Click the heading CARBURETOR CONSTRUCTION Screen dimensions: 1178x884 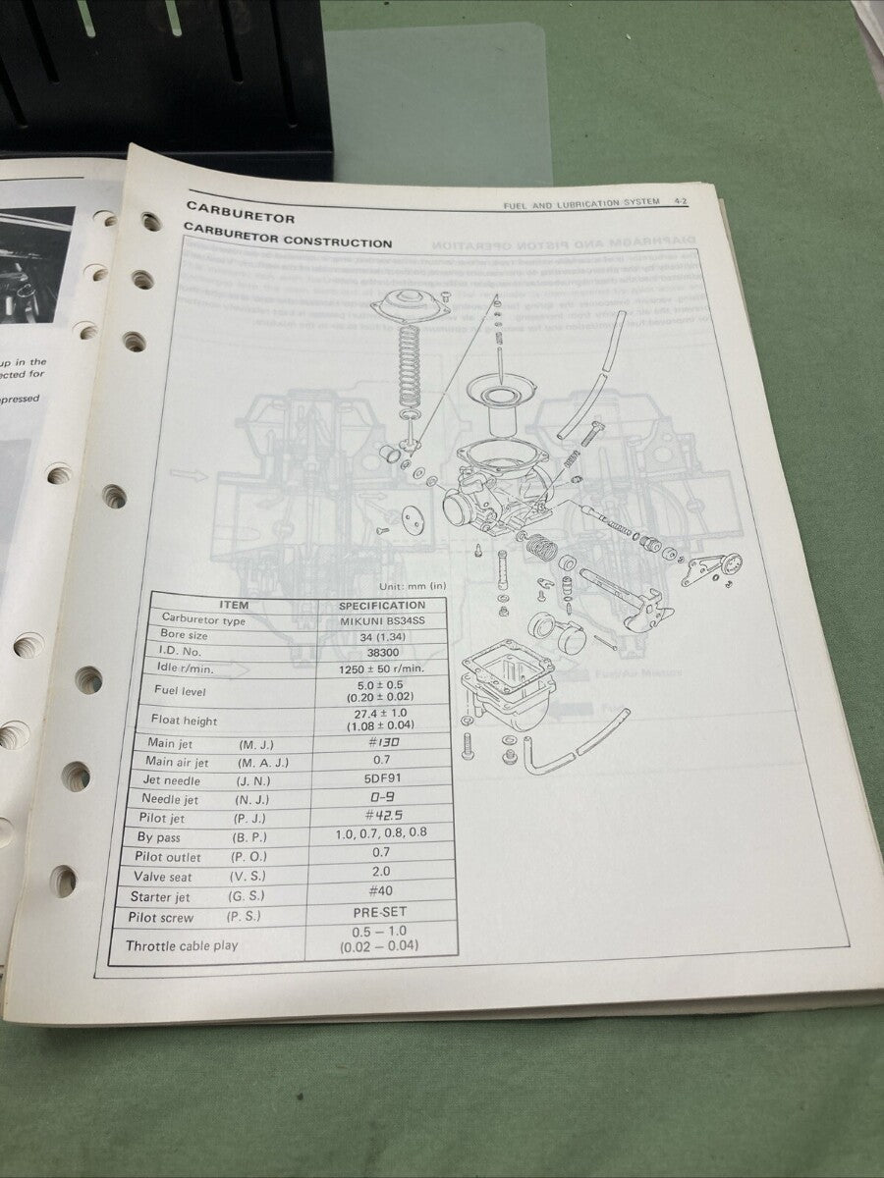point(288,241)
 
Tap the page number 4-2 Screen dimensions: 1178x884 point(680,202)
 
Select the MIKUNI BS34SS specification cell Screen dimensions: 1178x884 point(382,621)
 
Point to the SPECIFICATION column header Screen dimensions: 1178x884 point(381,606)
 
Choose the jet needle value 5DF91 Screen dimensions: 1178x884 point(381,780)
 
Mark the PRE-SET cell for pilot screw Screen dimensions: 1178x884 point(380,912)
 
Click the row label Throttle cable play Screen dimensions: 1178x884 point(182,946)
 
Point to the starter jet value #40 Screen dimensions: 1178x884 point(381,891)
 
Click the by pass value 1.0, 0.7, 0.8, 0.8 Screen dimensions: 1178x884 point(381,833)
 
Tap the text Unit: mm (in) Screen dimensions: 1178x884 point(412,586)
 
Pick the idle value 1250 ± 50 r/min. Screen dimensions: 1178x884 point(381,669)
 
